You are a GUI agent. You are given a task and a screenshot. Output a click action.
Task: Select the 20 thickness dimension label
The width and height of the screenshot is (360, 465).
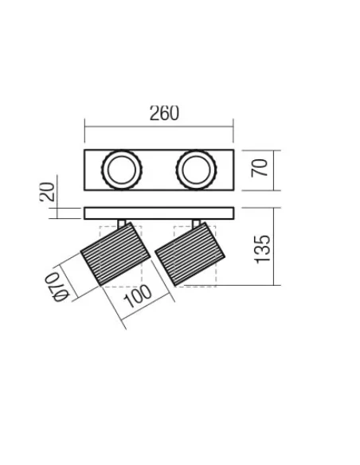click(48, 192)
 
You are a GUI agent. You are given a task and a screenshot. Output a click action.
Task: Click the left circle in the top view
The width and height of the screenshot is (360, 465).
click(123, 169)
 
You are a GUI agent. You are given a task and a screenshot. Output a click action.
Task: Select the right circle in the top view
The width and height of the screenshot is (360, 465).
click(195, 169)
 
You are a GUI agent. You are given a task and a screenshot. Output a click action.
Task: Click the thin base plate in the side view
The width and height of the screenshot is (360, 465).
click(158, 213)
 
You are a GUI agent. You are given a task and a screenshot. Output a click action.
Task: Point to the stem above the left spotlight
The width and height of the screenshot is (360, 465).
click(121, 222)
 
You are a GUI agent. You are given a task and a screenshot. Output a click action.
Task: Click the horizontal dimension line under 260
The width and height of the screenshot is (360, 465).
click(158, 126)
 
